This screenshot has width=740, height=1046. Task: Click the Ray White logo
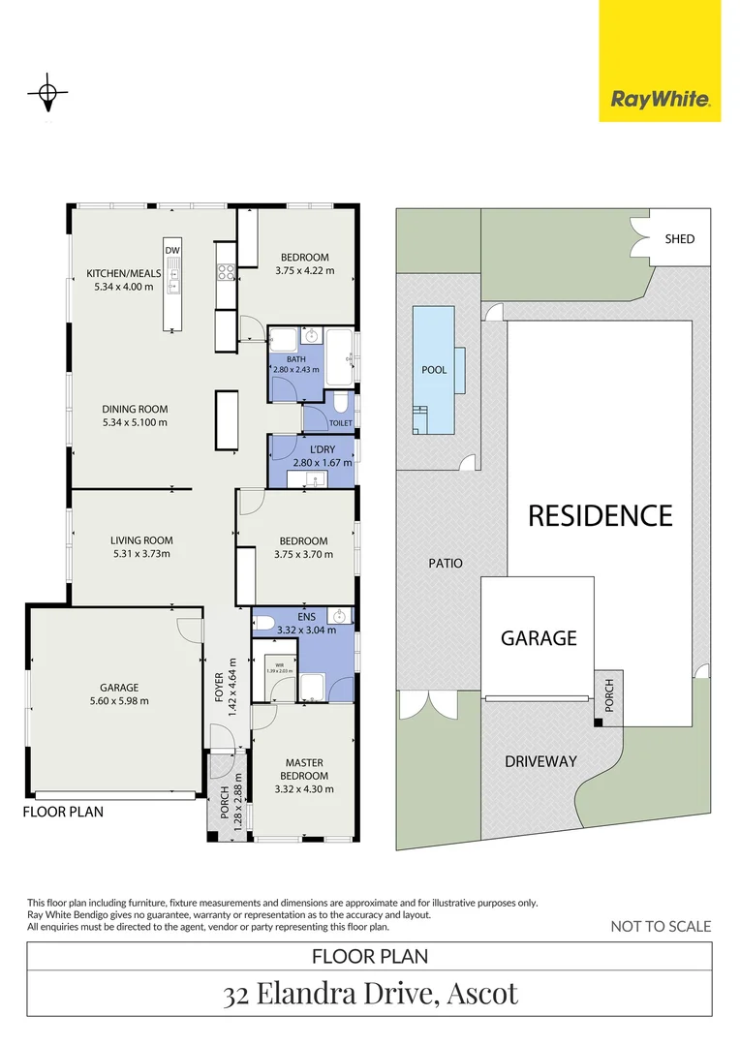(x=660, y=99)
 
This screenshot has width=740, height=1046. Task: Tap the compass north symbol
(x=46, y=95)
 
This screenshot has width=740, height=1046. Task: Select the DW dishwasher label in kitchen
(x=172, y=252)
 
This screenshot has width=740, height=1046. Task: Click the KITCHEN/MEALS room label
(x=123, y=273)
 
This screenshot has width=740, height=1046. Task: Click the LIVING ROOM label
(x=141, y=540)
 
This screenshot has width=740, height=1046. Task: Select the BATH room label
(x=295, y=359)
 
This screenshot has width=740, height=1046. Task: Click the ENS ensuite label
(x=306, y=616)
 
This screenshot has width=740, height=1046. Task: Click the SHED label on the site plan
(x=679, y=238)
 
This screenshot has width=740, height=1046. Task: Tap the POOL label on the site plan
(x=435, y=370)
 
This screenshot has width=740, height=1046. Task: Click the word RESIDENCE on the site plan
(x=600, y=515)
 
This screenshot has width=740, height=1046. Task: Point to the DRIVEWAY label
(x=540, y=761)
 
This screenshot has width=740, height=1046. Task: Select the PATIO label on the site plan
(x=445, y=563)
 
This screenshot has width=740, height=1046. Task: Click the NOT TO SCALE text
(x=660, y=927)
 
